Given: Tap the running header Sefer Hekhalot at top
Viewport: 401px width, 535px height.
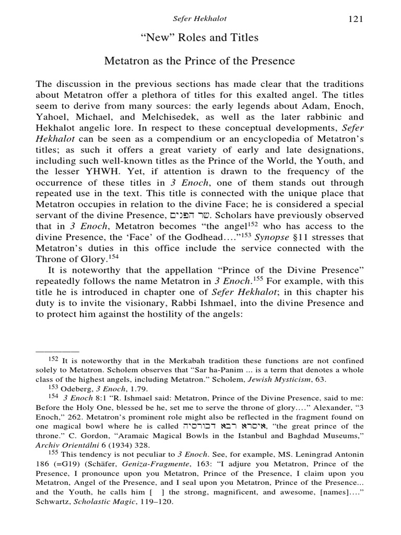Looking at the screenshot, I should click(200, 19).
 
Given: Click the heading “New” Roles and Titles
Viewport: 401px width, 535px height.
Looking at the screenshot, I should click(200, 38).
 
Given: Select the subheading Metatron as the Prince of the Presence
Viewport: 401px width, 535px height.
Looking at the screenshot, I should click(200, 61).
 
